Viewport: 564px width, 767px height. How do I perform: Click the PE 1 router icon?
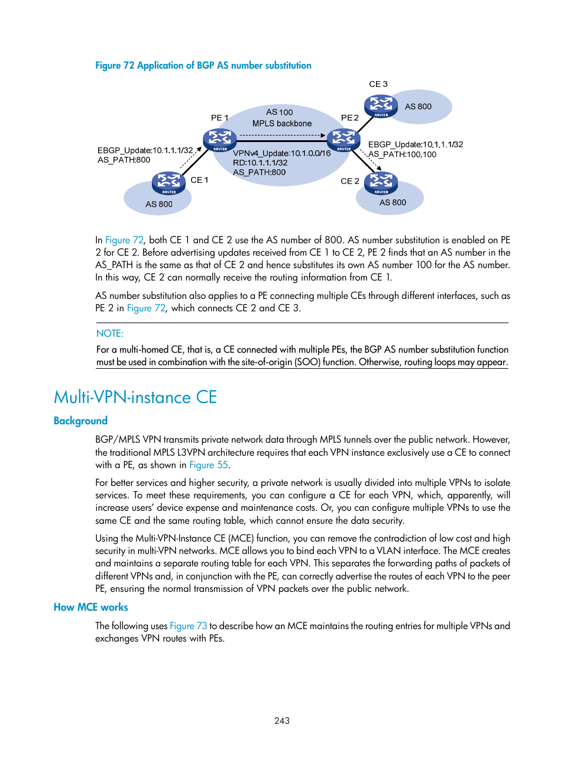tap(220, 140)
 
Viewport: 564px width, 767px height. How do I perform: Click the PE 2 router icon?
tap(343, 140)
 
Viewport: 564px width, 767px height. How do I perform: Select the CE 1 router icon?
tap(169, 183)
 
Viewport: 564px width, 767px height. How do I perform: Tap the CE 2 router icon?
tap(381, 183)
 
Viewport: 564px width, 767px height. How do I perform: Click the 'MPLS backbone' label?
tap(282, 124)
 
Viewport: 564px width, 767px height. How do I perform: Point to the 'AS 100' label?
tap(279, 112)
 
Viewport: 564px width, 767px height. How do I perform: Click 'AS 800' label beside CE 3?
tap(418, 107)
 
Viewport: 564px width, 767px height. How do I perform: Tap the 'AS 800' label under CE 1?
tap(159, 204)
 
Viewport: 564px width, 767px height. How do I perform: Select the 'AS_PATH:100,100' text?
tap(403, 154)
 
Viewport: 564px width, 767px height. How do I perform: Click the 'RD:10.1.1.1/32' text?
tap(260, 163)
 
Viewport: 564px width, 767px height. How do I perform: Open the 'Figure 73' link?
tap(188, 626)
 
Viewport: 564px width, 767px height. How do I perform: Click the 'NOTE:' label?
tap(110, 334)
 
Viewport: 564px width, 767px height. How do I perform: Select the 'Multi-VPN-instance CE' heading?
tap(135, 397)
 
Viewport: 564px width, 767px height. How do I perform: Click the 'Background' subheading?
tap(80, 421)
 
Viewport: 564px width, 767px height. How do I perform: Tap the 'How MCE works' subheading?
tap(90, 607)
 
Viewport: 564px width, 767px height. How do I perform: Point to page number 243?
tap(282, 721)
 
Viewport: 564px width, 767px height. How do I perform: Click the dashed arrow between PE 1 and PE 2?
tap(282, 136)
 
